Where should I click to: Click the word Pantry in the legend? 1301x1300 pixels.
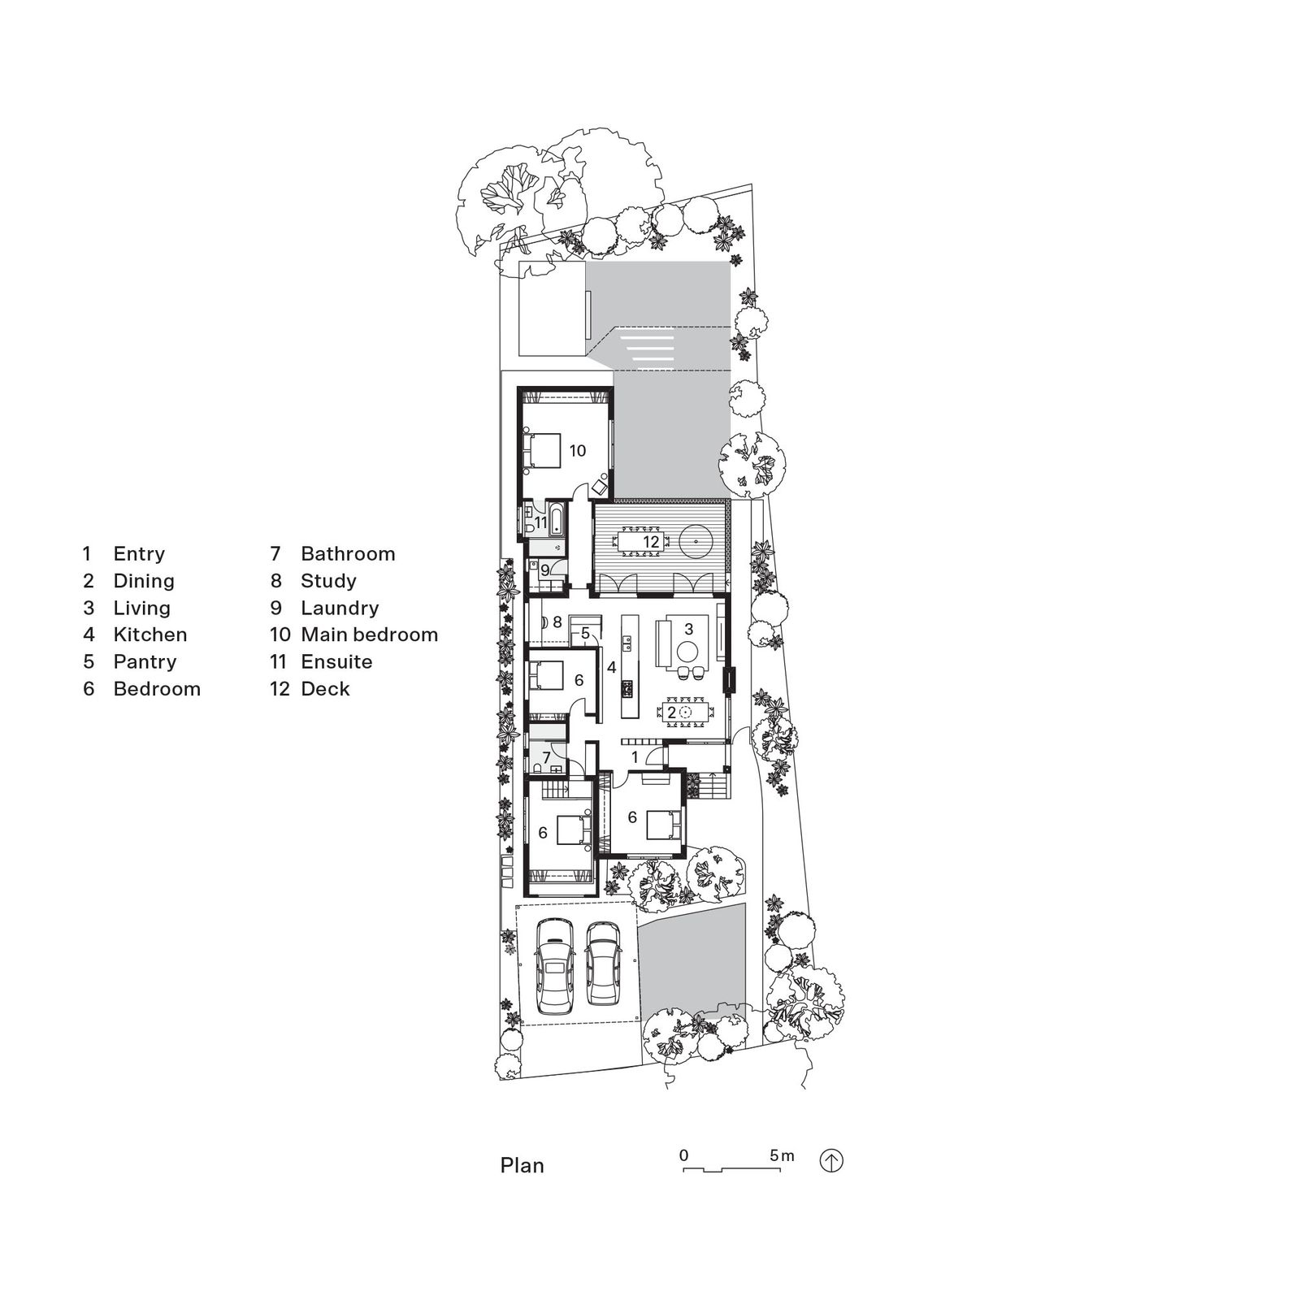point(145,662)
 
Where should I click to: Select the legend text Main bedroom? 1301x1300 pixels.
point(369,635)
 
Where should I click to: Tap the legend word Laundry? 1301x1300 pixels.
point(340,609)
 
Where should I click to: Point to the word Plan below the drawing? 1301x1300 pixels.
point(522,1166)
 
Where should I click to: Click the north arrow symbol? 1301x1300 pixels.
point(830,1161)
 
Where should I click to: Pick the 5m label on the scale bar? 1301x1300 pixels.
point(782,1155)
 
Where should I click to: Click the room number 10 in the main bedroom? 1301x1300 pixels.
point(577,451)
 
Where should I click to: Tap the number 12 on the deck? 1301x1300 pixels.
point(651,542)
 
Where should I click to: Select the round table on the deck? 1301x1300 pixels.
point(696,540)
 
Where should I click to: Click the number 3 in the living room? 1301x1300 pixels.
point(688,628)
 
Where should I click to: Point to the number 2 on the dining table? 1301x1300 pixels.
point(671,713)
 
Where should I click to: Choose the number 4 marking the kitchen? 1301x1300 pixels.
point(611,668)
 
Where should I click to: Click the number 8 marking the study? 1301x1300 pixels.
point(557,622)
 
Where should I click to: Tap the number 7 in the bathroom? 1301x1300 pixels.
point(547,757)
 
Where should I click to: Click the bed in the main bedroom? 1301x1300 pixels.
point(541,451)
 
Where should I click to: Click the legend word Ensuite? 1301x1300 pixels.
point(336,662)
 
